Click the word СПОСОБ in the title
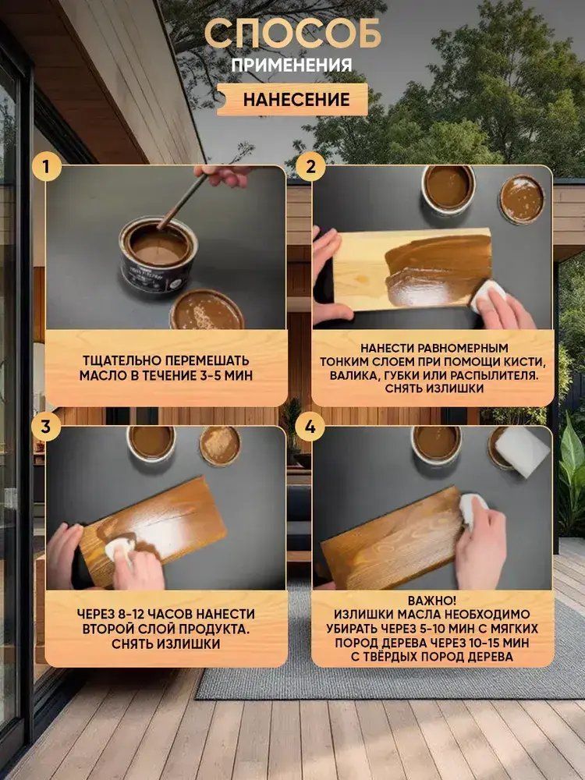[x=292, y=34]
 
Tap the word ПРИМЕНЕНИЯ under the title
[x=292, y=65]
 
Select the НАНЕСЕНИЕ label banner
[x=292, y=100]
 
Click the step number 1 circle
[x=46, y=166]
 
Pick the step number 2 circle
[x=311, y=166]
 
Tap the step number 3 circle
[x=46, y=427]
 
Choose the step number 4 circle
[x=310, y=427]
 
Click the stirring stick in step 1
[x=183, y=201]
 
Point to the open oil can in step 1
[x=158, y=256]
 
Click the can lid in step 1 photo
[x=207, y=310]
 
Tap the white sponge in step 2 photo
[x=487, y=295]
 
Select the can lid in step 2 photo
[x=523, y=199]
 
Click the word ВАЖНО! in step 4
[x=432, y=601]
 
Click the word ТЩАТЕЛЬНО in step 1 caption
[x=120, y=360]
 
